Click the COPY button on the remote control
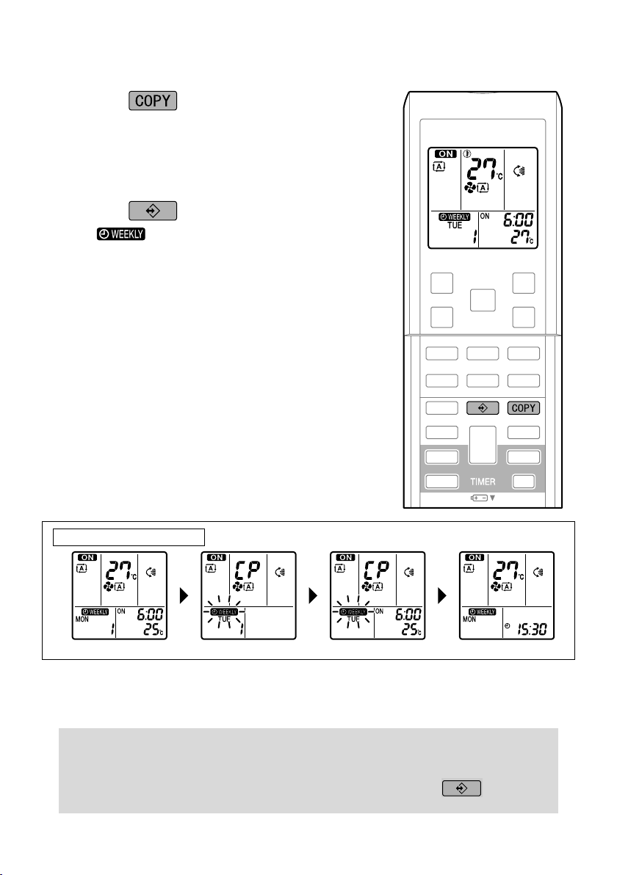pyautogui.click(x=524, y=407)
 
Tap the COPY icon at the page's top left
pyautogui.click(x=153, y=100)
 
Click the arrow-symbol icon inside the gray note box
pyautogui.click(x=461, y=788)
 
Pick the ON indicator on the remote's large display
pyautogui.click(x=444, y=154)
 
